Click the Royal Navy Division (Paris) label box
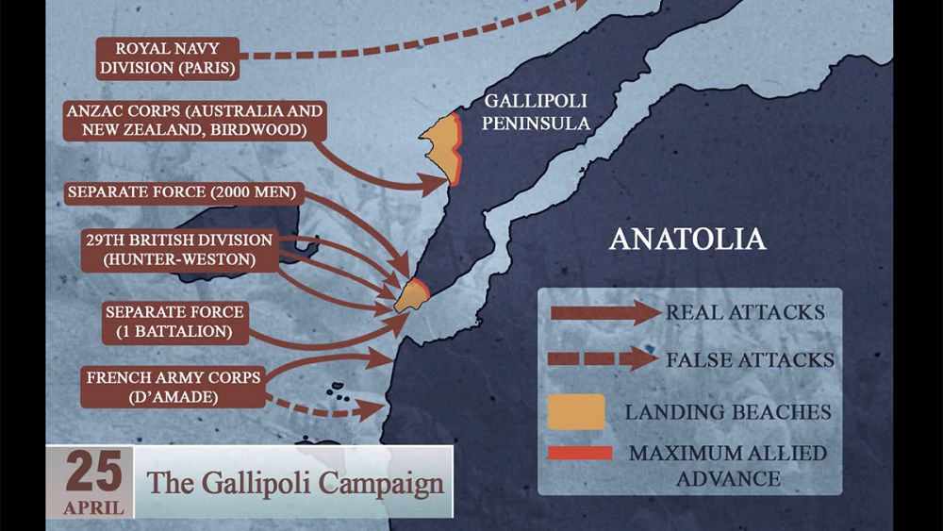click(168, 58)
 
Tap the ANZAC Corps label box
click(194, 121)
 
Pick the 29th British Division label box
click(177, 249)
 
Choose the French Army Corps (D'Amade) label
click(174, 387)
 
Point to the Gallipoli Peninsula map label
click(538, 112)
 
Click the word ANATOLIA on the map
click(687, 238)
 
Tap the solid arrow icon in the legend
click(604, 312)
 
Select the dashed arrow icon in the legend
click(604, 358)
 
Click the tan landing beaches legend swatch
click(576, 412)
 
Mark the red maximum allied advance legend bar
click(579, 454)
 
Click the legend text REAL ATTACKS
click(744, 312)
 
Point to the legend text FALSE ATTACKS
click(749, 359)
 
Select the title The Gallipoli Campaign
click(294, 483)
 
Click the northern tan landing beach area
click(439, 141)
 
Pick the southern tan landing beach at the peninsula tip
click(411, 295)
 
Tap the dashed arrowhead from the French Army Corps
click(374, 408)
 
